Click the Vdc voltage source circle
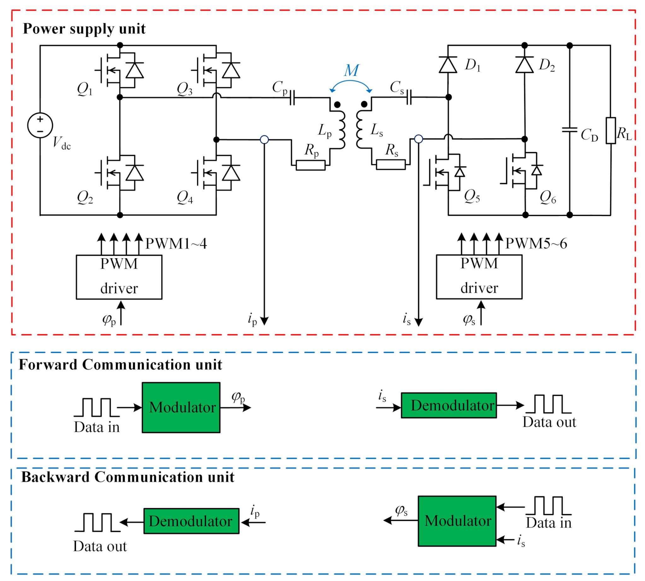[40, 125]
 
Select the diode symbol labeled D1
[448, 65]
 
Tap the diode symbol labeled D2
[525, 65]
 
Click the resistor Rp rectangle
[310, 165]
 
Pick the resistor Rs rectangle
[390, 165]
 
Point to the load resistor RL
[611, 130]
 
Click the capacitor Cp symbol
[292, 97]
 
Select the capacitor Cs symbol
[409, 97]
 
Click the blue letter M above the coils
[351, 70]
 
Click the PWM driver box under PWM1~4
[119, 277]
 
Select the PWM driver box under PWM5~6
[479, 277]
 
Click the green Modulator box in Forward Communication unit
[181, 407]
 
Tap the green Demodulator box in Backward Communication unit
[191, 521]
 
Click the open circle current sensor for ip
[264, 140]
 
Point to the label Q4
[185, 197]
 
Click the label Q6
[548, 197]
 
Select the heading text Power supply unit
[84, 29]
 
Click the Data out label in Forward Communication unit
[549, 422]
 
